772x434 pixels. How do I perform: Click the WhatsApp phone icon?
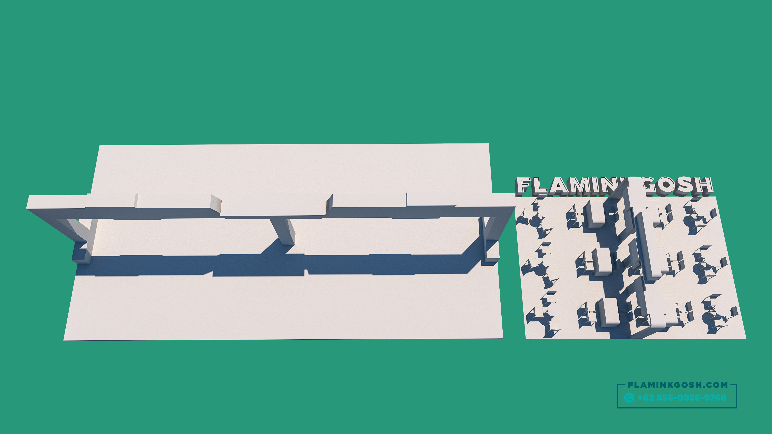[x=629, y=398]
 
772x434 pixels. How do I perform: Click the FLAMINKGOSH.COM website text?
[x=678, y=385]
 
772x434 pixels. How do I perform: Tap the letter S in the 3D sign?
[x=685, y=185]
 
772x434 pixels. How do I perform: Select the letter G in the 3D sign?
[x=649, y=185]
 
